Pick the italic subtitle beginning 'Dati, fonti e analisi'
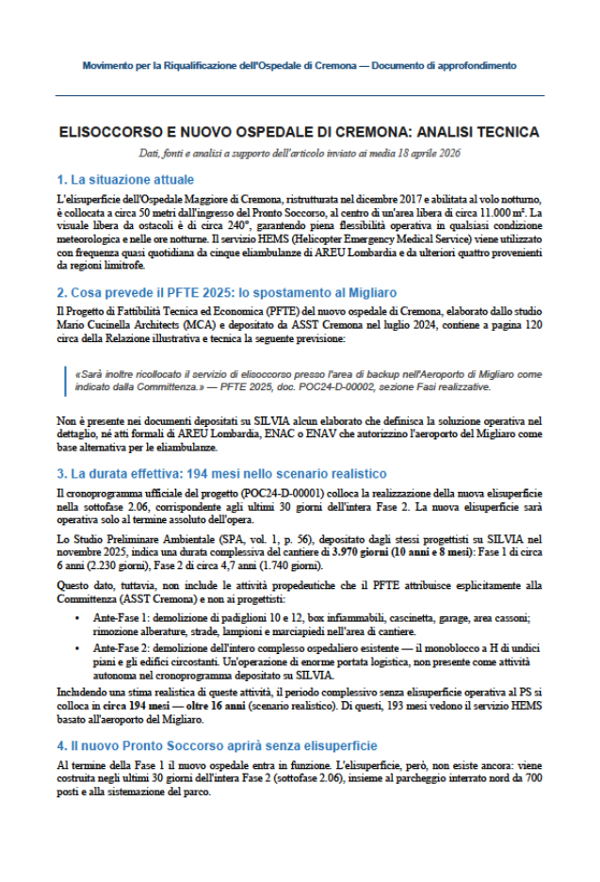[x=300, y=154]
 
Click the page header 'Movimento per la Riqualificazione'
[x=300, y=66]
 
